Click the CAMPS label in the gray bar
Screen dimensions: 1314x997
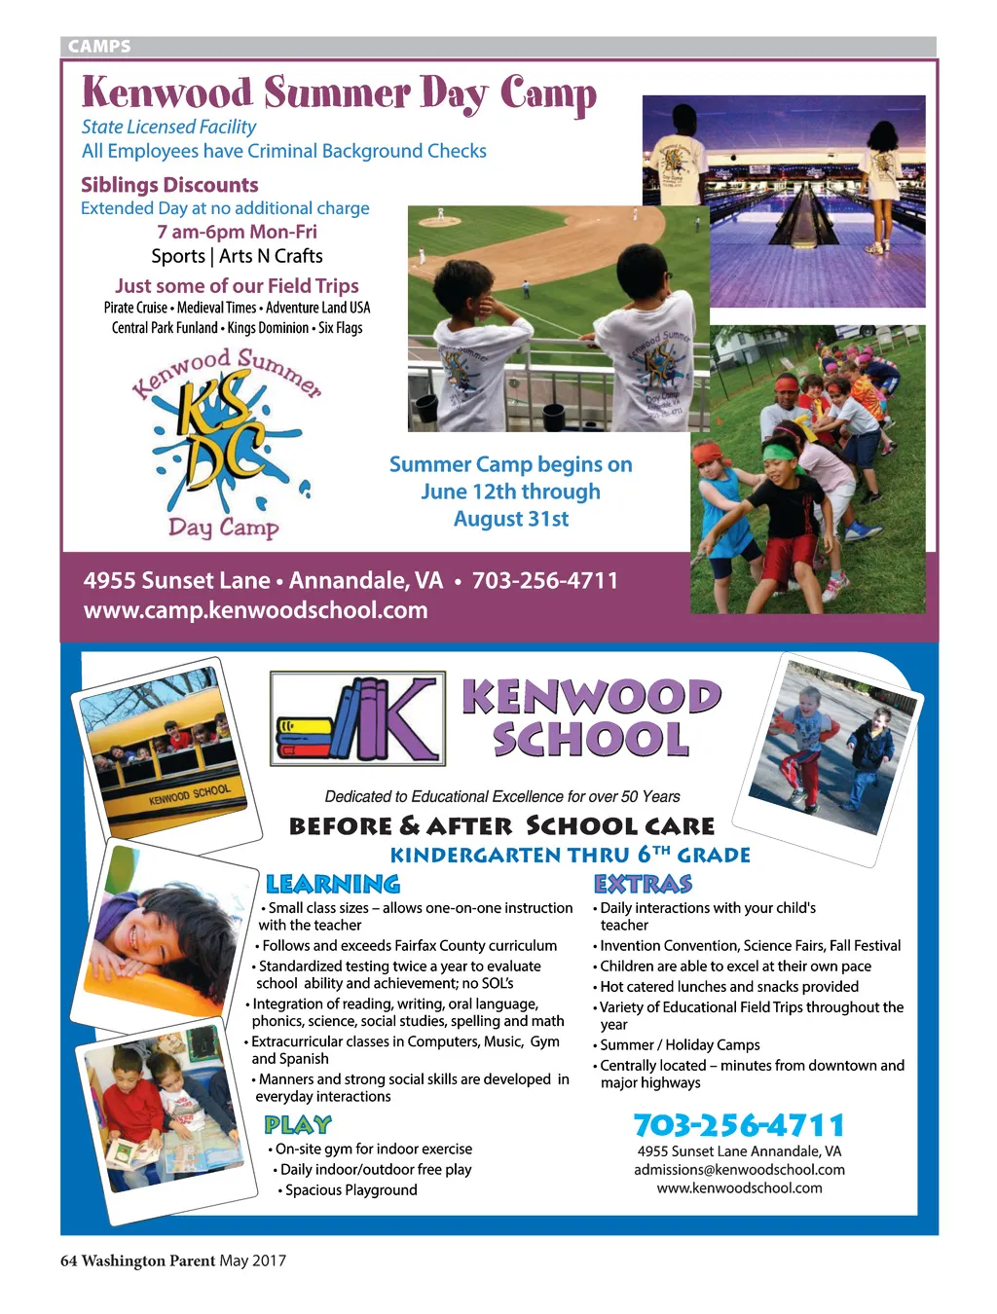(99, 46)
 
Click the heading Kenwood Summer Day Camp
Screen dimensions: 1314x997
(339, 94)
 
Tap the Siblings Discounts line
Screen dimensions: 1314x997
(169, 185)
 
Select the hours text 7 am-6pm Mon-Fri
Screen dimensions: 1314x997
(237, 232)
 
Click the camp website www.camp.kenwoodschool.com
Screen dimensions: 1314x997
(255, 610)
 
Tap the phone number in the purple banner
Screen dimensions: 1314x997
(545, 581)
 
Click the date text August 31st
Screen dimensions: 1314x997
(511, 519)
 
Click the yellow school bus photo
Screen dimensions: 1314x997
(167, 749)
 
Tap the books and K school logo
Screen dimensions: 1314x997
(357, 717)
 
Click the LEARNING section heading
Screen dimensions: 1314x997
(333, 884)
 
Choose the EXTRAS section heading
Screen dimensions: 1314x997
(643, 884)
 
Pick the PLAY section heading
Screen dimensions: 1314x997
(298, 1125)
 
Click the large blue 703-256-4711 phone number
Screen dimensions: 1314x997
(739, 1125)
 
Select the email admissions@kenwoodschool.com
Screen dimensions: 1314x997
(739, 1170)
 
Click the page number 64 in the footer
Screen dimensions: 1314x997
(68, 1261)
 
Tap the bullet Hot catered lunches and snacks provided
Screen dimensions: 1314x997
(728, 987)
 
